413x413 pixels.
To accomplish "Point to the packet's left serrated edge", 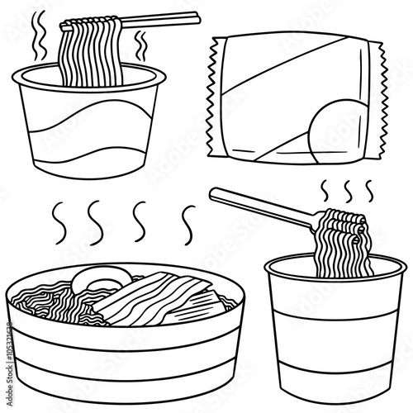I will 210,91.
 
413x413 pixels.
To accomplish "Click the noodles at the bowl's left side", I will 37,301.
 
